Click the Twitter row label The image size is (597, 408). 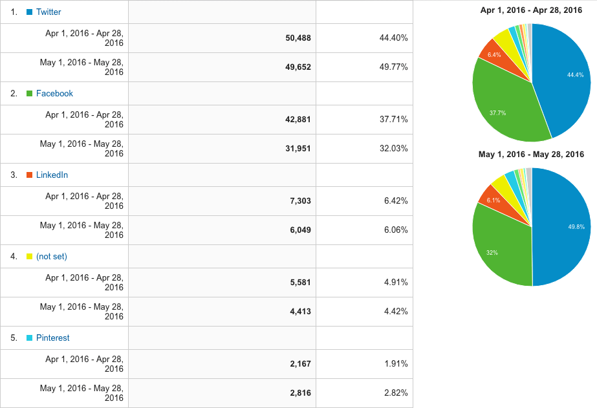tap(49, 12)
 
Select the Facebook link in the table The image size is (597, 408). tap(54, 93)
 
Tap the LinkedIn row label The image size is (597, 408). tap(52, 175)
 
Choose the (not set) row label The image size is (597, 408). tap(52, 256)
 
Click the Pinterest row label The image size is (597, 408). tap(52, 338)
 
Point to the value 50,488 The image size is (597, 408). tap(298, 38)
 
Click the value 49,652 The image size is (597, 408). tap(298, 67)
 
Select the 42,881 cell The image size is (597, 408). tap(298, 120)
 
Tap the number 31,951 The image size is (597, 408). tap(298, 149)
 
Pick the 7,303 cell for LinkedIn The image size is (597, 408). tap(301, 201)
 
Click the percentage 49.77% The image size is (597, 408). tap(393, 67)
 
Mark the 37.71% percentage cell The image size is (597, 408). tap(393, 120)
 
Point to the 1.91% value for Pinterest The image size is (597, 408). tap(396, 364)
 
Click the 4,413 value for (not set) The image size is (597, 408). tap(301, 312)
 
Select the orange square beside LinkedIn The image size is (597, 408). tap(29, 175)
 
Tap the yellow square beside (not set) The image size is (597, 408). tap(29, 257)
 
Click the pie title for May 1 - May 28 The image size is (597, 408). tap(531, 155)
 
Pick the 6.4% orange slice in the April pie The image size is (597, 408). tap(494, 55)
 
